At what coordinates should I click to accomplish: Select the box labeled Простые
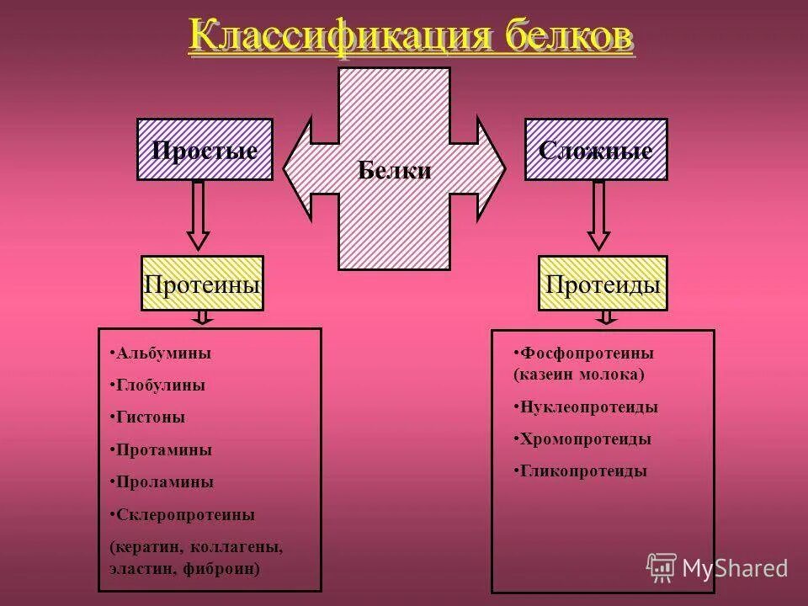pos(205,150)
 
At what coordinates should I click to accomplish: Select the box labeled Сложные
pos(596,150)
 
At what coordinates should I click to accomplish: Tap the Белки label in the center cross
pos(395,171)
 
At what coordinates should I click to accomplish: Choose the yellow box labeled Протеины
pos(202,284)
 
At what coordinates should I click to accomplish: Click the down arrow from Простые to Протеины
pos(199,215)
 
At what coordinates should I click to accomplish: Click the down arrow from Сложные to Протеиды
pos(598,215)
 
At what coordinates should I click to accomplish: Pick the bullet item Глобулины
pos(160,385)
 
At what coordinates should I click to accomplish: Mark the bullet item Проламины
pos(163,482)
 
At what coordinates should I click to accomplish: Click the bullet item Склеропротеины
pos(184,514)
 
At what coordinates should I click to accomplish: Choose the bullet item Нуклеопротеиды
pos(588,407)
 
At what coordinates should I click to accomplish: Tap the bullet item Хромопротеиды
pos(585,439)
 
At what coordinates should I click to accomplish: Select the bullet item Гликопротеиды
pos(582,471)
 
